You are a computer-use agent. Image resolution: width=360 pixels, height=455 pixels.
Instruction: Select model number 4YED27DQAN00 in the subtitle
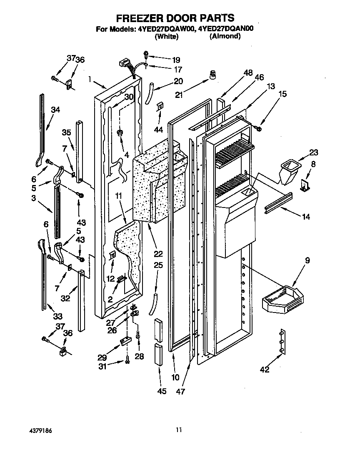(227, 29)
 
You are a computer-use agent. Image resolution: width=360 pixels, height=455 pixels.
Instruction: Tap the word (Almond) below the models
(225, 37)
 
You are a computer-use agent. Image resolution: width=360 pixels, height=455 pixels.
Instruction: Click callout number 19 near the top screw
(165, 60)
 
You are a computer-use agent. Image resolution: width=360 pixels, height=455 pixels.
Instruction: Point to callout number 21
(179, 95)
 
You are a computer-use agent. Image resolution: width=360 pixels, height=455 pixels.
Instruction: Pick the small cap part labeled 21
(214, 75)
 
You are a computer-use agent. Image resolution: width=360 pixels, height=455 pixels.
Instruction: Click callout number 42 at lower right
(265, 369)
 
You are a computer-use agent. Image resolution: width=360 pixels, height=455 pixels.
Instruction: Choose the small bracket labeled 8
(306, 185)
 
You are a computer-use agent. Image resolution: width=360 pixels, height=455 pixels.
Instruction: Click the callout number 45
(162, 391)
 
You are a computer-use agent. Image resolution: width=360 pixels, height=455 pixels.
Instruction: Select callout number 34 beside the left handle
(55, 110)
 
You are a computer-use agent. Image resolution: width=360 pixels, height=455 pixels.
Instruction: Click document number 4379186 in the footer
(40, 430)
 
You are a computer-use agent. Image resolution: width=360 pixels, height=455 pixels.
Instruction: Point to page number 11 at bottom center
(179, 430)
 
